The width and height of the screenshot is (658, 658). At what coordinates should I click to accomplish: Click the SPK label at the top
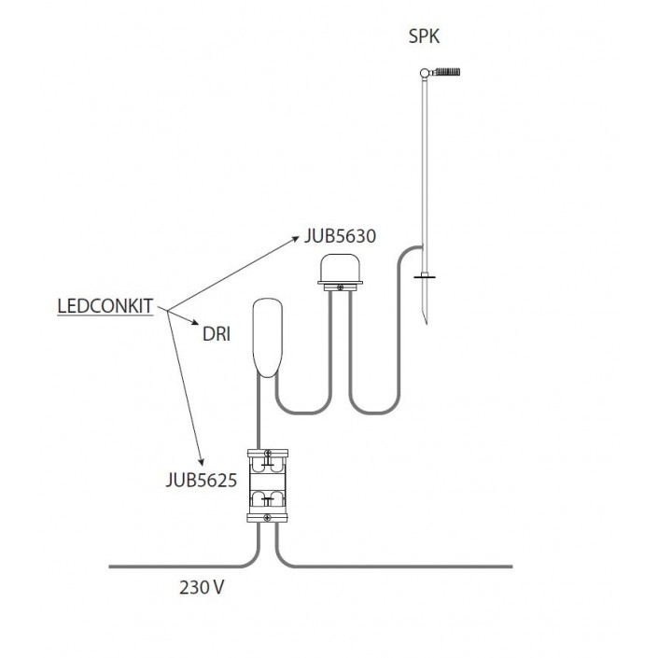tap(424, 36)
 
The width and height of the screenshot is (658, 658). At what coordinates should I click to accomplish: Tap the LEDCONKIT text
tap(105, 306)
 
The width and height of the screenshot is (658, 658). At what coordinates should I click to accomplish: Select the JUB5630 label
tap(340, 236)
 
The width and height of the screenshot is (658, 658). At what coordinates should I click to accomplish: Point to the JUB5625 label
tap(202, 480)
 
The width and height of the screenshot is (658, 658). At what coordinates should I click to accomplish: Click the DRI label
tap(217, 334)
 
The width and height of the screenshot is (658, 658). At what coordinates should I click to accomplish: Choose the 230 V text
tap(202, 587)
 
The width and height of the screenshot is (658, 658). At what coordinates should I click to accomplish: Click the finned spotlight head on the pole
tap(447, 72)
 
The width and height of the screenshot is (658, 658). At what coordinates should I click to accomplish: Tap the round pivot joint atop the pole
tap(425, 73)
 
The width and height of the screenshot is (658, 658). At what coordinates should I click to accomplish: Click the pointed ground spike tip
tap(427, 324)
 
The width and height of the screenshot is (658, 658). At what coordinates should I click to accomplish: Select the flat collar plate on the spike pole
tap(425, 276)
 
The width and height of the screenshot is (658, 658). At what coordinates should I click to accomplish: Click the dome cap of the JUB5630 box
tap(341, 268)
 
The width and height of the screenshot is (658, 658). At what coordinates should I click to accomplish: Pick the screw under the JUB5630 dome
tap(341, 287)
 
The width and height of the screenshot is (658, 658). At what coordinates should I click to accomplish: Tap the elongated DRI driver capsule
tap(268, 337)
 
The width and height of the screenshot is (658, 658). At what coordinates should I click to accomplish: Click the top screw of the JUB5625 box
tap(268, 454)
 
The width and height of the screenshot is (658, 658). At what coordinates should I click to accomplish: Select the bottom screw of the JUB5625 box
tap(267, 518)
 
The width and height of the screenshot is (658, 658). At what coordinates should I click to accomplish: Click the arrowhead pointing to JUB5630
tap(296, 238)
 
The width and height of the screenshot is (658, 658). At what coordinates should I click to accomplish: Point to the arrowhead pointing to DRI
tap(195, 322)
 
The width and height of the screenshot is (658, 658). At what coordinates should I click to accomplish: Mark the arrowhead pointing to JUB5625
tap(202, 462)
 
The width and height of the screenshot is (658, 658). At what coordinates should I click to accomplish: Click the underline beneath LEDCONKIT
tap(105, 315)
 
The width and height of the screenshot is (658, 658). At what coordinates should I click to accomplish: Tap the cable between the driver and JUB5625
tap(259, 412)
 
